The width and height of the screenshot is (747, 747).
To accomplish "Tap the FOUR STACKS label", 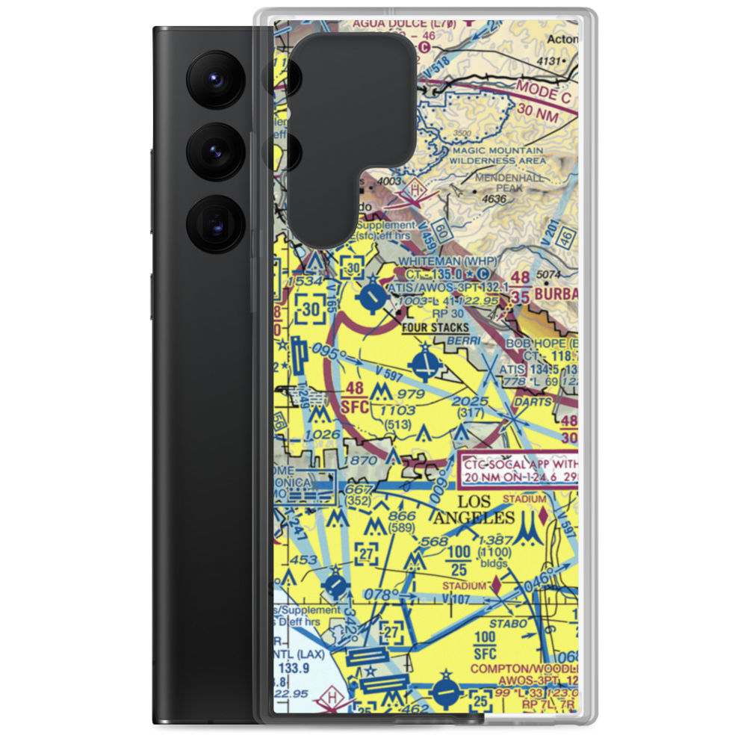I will [x=435, y=327].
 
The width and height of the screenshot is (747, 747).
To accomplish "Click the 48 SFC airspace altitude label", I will [x=356, y=398].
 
